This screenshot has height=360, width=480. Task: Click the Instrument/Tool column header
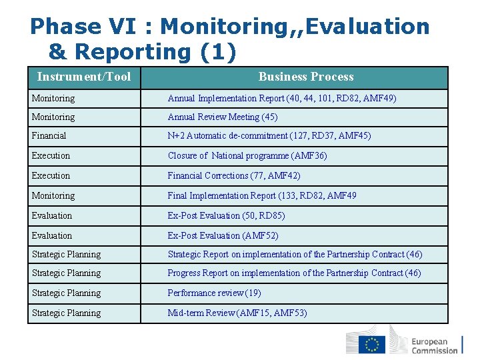pyautogui.click(x=84, y=77)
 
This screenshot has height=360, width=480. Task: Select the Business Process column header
pyautogui.click(x=306, y=77)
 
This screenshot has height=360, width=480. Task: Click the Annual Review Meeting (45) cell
pyautogui.click(x=223, y=117)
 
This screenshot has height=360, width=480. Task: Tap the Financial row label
pyautogui.click(x=49, y=135)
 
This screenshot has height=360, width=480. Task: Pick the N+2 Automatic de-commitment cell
pyautogui.click(x=269, y=135)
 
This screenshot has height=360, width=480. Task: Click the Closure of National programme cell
pyautogui.click(x=247, y=155)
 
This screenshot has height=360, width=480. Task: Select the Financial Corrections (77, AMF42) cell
pyautogui.click(x=234, y=175)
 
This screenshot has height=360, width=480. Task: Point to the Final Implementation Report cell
pyautogui.click(x=262, y=195)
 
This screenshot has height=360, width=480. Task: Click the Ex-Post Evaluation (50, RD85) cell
pyautogui.click(x=226, y=215)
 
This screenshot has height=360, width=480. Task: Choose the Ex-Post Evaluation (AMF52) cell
pyautogui.click(x=223, y=235)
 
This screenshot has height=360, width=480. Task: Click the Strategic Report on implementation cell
pyautogui.click(x=295, y=254)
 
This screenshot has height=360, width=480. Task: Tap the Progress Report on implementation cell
pyautogui.click(x=294, y=273)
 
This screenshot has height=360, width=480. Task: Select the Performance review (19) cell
pyautogui.click(x=214, y=293)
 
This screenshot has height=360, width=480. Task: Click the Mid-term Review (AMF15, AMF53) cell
pyautogui.click(x=237, y=313)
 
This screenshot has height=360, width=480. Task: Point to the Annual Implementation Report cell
pyautogui.click(x=282, y=98)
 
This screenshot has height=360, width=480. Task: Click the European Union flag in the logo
pyautogui.click(x=372, y=344)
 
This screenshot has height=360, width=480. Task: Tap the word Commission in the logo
pyautogui.click(x=435, y=350)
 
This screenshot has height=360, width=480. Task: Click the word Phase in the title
pyautogui.click(x=64, y=26)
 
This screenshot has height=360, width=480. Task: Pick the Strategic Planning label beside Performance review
pyautogui.click(x=67, y=293)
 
